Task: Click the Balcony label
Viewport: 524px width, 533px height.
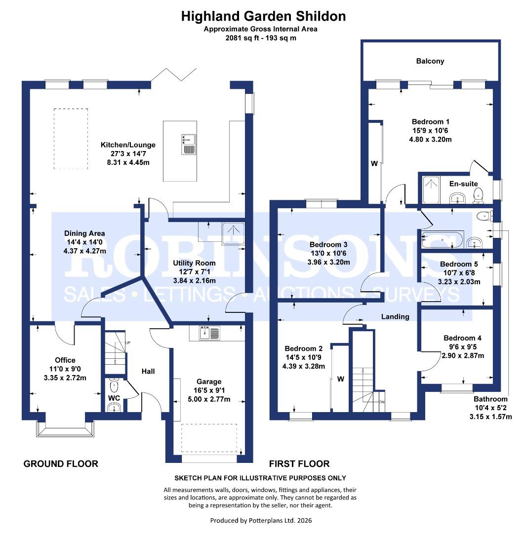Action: [430, 61]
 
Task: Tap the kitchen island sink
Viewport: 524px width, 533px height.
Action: [189, 145]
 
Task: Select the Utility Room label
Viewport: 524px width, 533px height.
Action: [194, 263]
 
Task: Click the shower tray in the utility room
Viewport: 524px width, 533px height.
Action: [234, 233]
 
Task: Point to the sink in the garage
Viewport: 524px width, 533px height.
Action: [209, 333]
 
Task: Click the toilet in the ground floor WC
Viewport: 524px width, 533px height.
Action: [114, 385]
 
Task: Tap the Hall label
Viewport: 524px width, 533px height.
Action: [148, 372]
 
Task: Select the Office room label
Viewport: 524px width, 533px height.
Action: [65, 360]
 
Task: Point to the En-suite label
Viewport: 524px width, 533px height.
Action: [463, 184]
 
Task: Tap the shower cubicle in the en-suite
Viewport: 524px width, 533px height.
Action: [431, 190]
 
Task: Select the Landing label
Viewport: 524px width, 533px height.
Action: [395, 317]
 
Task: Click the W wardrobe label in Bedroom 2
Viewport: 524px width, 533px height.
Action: [341, 379]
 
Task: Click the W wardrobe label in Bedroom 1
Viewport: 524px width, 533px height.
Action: [374, 163]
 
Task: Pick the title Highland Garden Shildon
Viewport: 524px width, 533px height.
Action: [263, 16]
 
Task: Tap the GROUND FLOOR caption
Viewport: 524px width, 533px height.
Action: [61, 464]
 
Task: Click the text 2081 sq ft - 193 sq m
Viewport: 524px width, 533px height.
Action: [261, 38]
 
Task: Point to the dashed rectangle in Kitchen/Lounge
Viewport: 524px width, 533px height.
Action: [71, 139]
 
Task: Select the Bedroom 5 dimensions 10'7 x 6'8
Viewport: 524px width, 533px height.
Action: [459, 273]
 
